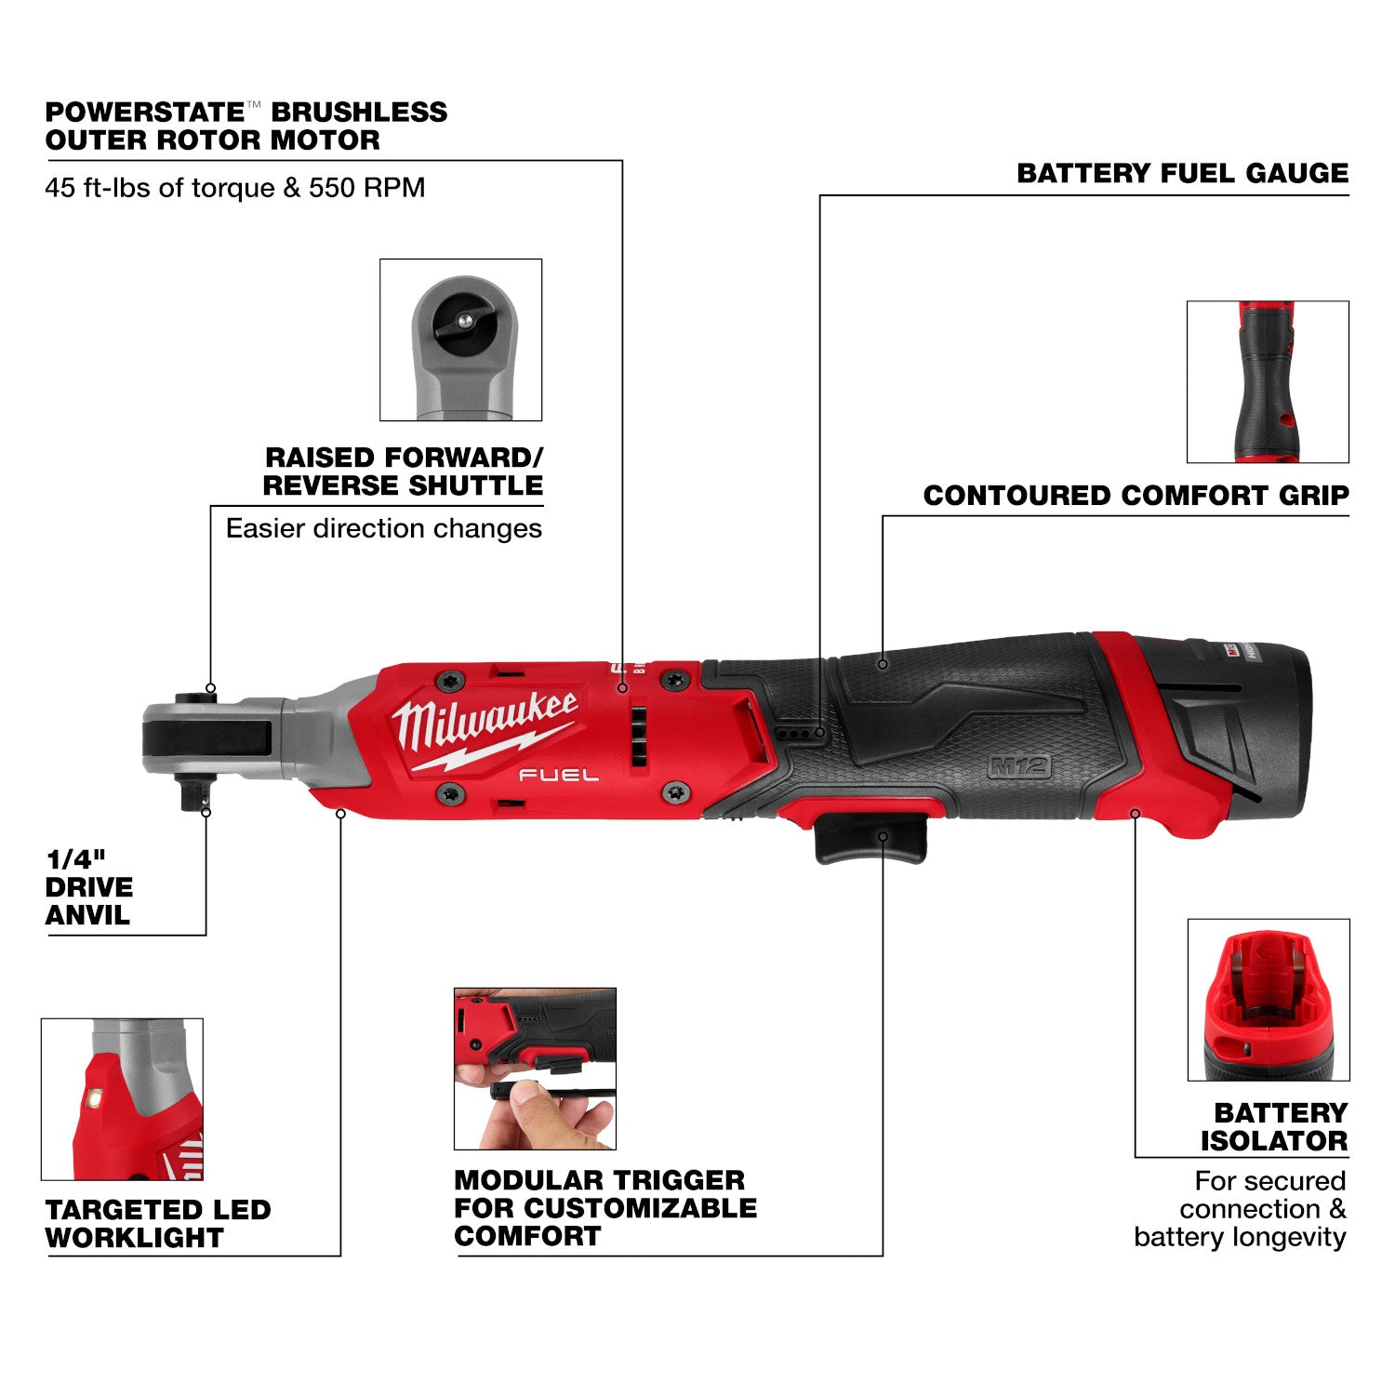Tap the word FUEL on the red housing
pos(558,775)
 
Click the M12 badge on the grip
pos(1019,766)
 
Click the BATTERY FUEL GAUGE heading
pos(1182,174)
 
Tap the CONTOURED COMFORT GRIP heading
pos(1136,496)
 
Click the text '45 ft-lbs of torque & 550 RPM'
pos(235,188)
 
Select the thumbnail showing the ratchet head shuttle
pos(461,339)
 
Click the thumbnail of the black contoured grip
pos(1268,381)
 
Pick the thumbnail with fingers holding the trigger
pos(535,1069)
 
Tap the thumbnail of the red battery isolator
pos(1269,1000)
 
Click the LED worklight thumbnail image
pos(122,1098)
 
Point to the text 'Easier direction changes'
pos(383,529)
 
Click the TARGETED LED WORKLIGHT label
pos(157,1224)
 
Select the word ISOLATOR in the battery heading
pos(1273,1141)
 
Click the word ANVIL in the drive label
pos(87,916)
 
